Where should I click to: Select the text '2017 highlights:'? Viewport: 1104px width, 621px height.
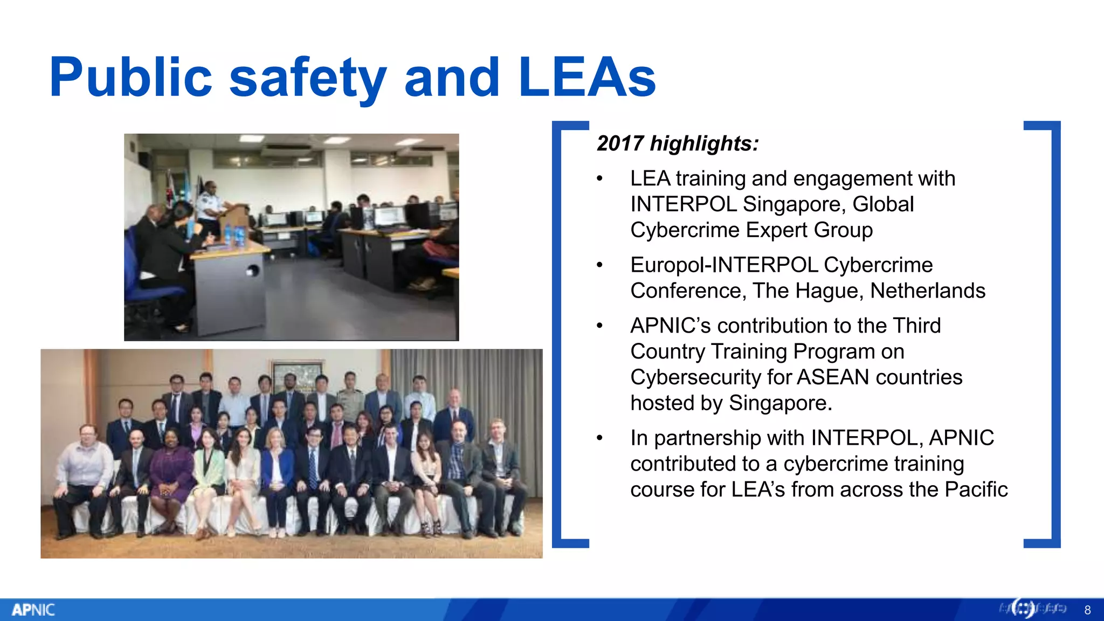[x=678, y=144]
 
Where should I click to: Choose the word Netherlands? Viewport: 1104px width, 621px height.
[x=927, y=291]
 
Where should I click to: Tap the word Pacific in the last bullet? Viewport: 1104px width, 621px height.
[x=976, y=489]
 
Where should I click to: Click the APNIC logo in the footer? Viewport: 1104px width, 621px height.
[x=33, y=610]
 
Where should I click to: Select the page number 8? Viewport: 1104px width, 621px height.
[x=1087, y=610]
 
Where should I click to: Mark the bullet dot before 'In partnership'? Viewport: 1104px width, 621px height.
[x=599, y=438]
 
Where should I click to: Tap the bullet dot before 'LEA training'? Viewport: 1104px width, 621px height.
[x=599, y=179]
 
